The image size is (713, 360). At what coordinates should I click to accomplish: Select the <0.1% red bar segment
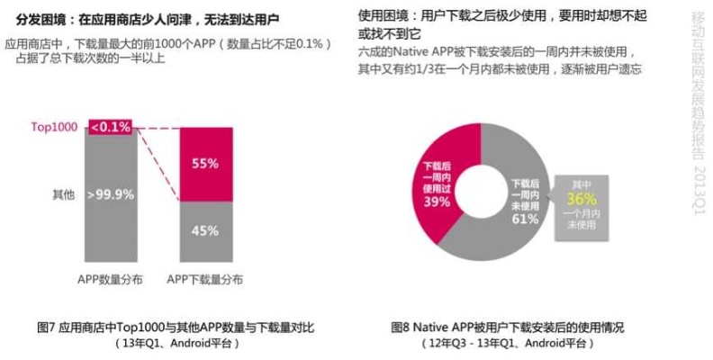coord(113,127)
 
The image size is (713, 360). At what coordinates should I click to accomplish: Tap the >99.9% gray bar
coord(113,193)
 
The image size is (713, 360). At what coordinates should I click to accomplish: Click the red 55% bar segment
coord(205,164)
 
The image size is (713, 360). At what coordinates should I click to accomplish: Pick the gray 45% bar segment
coord(205,230)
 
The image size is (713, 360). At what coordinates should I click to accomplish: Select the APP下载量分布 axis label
coord(205,280)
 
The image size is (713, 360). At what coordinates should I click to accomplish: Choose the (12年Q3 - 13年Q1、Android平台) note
coord(508,343)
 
